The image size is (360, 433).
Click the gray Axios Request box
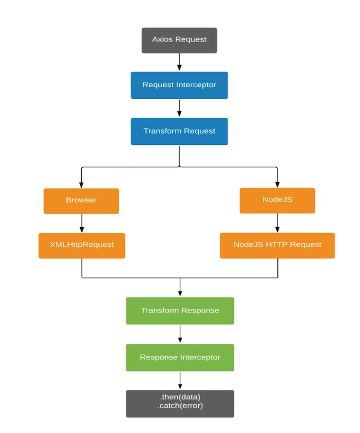tap(179, 40)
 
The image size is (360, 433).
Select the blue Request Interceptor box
tap(179, 85)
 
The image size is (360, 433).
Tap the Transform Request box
tap(179, 131)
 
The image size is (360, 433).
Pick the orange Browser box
tap(81, 200)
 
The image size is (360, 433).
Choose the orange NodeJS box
tap(277, 200)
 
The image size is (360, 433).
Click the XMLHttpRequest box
tap(82, 245)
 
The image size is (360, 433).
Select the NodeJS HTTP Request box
tap(277, 245)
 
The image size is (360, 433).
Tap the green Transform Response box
tap(180, 311)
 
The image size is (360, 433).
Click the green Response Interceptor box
tap(180, 357)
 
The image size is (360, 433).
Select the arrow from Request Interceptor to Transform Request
tap(179, 108)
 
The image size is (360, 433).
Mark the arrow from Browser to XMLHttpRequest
tap(82, 223)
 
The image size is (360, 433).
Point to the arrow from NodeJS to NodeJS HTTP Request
tap(277, 223)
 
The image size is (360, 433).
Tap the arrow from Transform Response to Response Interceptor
tap(180, 334)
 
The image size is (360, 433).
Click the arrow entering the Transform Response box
tap(180, 288)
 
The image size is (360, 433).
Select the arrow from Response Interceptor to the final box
tap(180, 380)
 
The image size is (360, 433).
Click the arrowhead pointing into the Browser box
tap(81, 185)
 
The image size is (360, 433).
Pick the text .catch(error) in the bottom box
tap(180, 407)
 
